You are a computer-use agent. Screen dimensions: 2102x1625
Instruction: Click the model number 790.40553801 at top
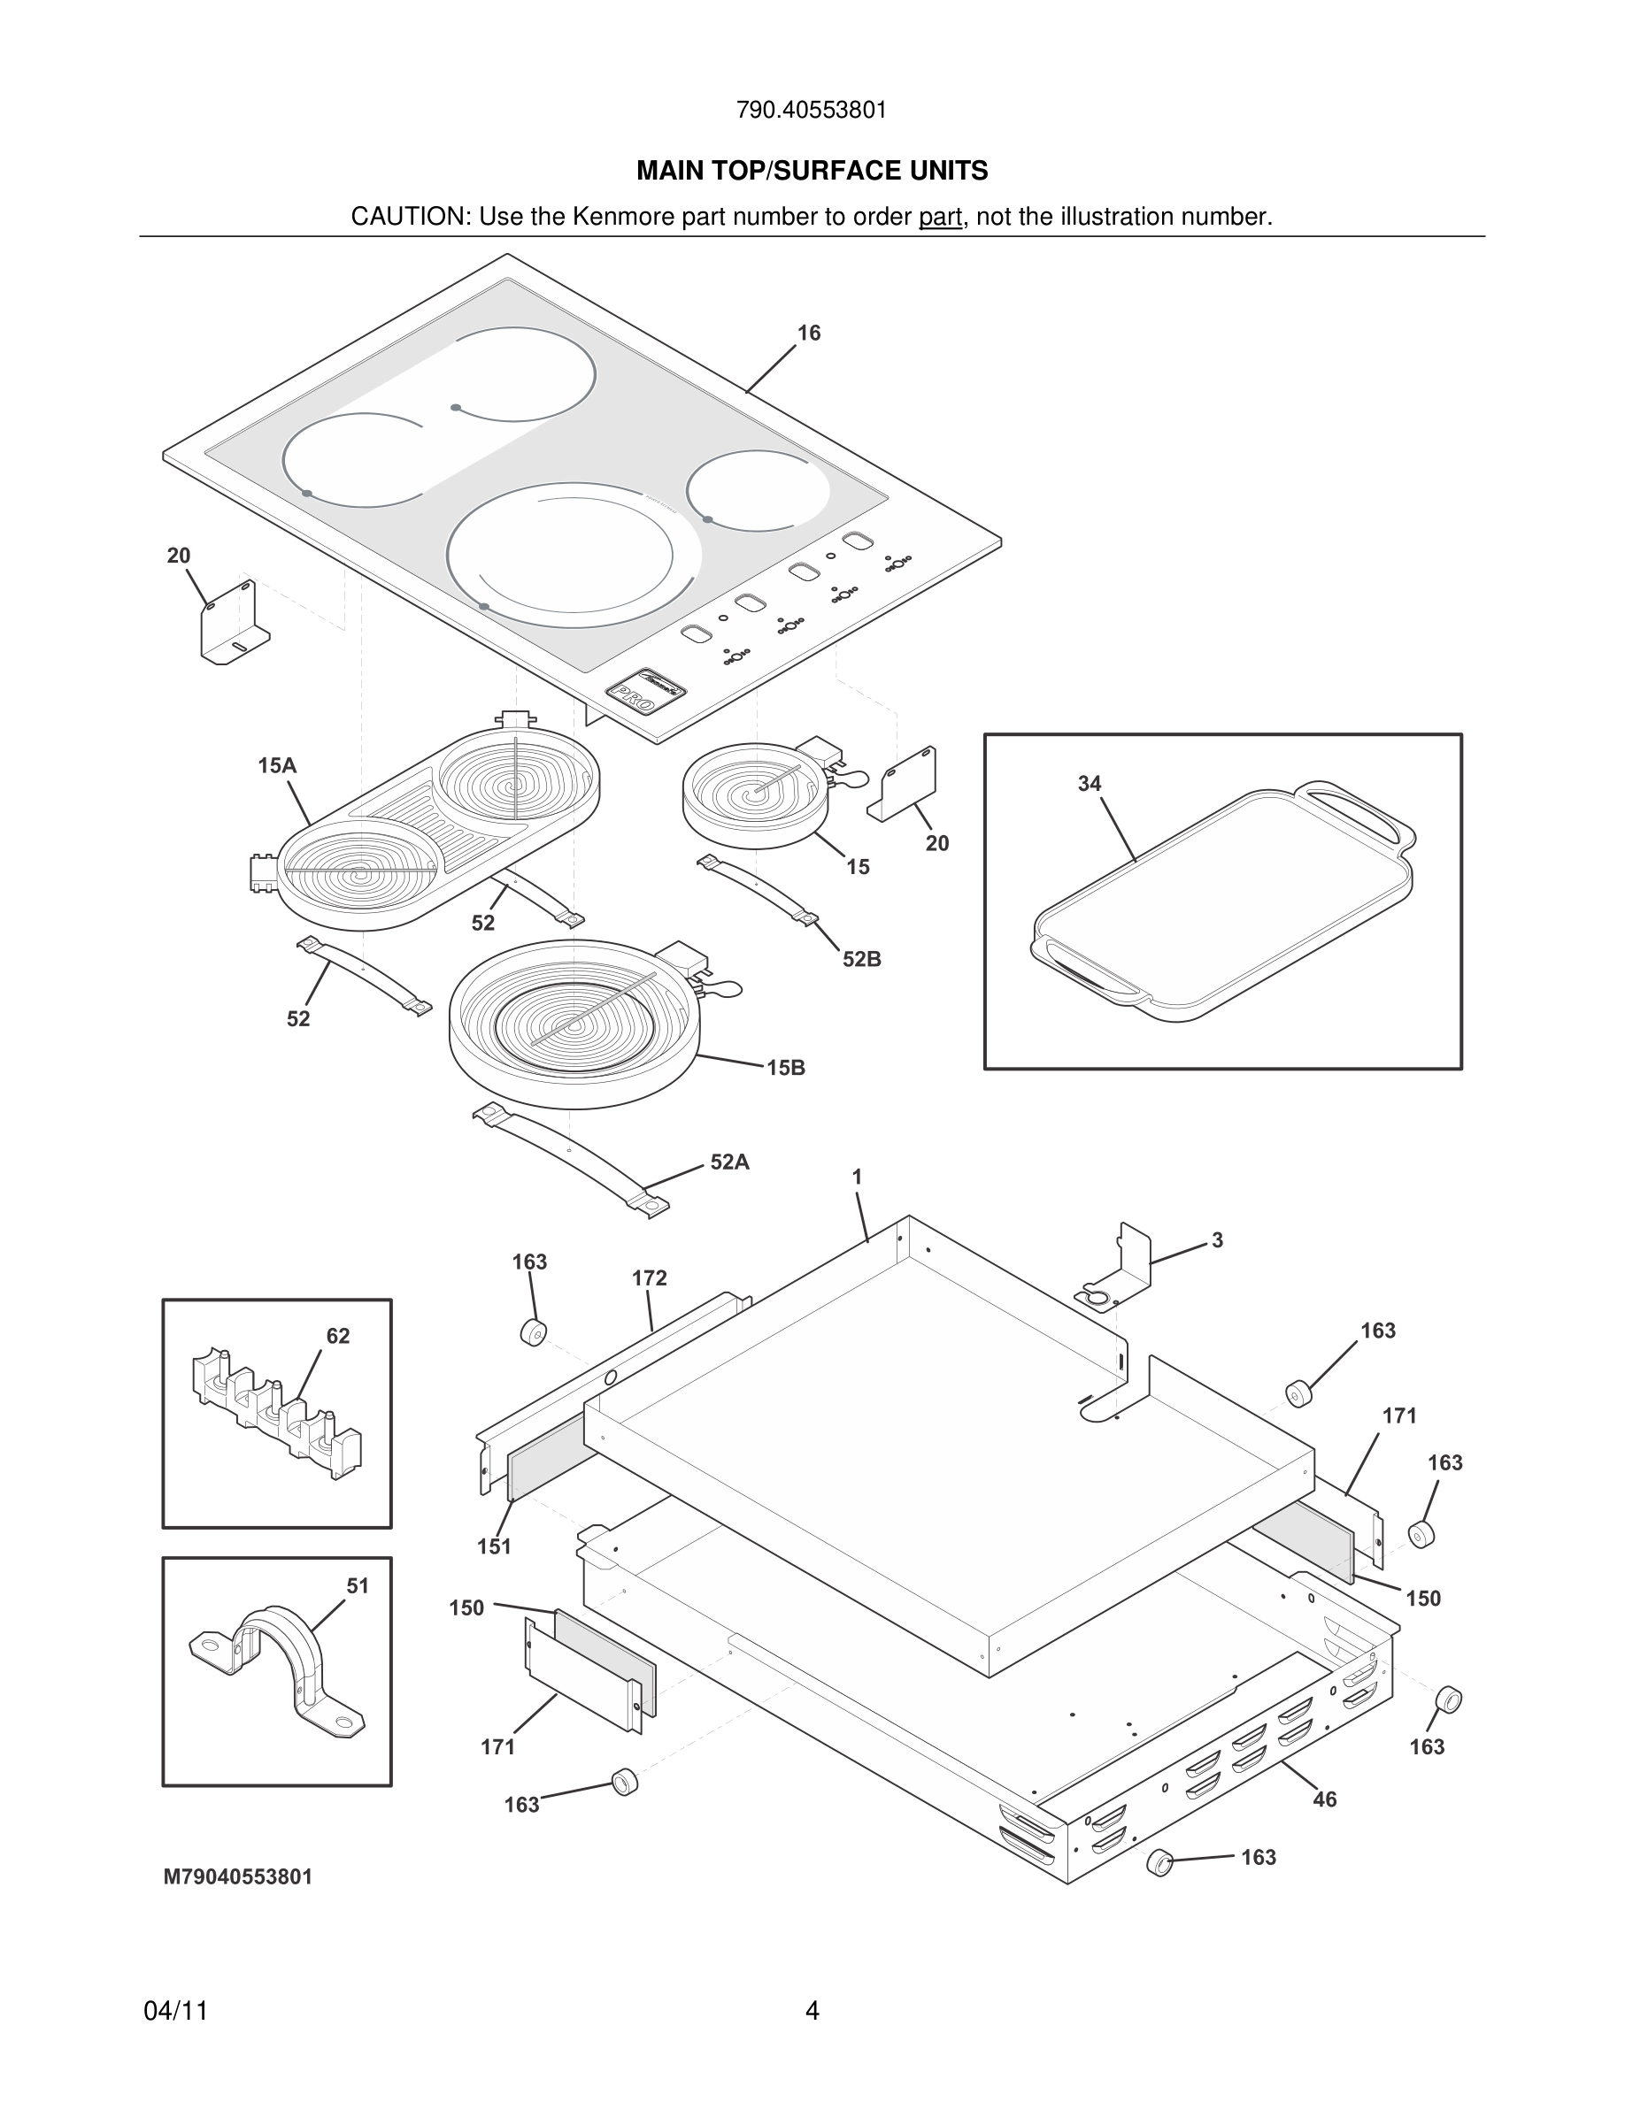tap(812, 111)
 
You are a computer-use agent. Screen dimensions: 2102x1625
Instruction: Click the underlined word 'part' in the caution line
tap(940, 218)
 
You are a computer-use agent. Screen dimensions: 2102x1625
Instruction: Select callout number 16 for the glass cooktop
tap(809, 333)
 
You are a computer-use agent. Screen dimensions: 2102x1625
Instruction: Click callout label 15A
tap(276, 766)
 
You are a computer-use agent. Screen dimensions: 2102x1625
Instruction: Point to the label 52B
tap(861, 960)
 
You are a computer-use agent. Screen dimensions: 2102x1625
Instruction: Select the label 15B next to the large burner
tap(786, 1067)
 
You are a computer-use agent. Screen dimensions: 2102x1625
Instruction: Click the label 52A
tap(729, 1162)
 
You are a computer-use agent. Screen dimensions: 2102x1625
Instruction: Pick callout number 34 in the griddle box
tap(1089, 785)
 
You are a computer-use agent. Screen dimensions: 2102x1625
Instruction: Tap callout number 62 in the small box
tap(338, 1336)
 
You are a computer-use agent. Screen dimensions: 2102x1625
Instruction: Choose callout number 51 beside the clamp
tap(358, 1585)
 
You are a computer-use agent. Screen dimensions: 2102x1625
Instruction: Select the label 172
tap(649, 1278)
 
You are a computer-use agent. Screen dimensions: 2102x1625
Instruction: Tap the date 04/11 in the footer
tap(175, 2011)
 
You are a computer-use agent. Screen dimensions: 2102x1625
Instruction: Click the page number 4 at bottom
tap(812, 2011)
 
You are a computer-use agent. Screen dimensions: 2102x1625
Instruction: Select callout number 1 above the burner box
tap(857, 1176)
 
